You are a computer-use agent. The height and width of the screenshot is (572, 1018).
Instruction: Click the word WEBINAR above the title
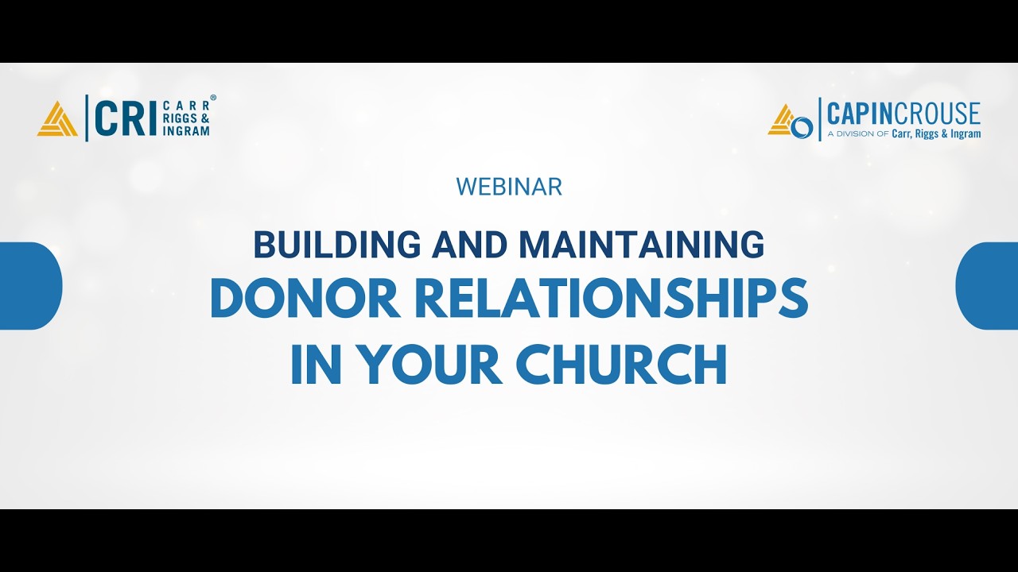coord(509,187)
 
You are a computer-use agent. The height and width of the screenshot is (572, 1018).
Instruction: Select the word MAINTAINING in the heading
coord(641,245)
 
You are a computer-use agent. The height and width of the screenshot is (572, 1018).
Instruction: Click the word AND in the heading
coord(469,245)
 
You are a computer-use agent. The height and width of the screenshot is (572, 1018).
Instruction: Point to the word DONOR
coord(305,300)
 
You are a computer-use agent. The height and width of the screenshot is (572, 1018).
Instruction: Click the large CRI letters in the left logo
coord(125,118)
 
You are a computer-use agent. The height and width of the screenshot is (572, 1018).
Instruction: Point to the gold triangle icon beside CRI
coord(57,119)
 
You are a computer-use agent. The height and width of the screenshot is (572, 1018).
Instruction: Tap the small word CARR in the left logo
coord(185,106)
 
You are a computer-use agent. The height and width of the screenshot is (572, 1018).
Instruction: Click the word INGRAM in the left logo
coord(185,131)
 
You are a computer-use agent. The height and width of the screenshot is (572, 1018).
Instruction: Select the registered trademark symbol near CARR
coord(213,99)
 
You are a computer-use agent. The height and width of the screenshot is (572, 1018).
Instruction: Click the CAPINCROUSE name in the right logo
coord(903,114)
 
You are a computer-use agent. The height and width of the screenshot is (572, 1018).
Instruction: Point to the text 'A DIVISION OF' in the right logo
coord(857,134)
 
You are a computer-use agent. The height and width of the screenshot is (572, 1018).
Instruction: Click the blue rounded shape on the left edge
coord(30,286)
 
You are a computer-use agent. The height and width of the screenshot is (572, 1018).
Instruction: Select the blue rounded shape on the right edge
coord(987,286)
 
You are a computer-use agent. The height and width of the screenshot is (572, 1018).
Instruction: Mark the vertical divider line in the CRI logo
coord(86,118)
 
